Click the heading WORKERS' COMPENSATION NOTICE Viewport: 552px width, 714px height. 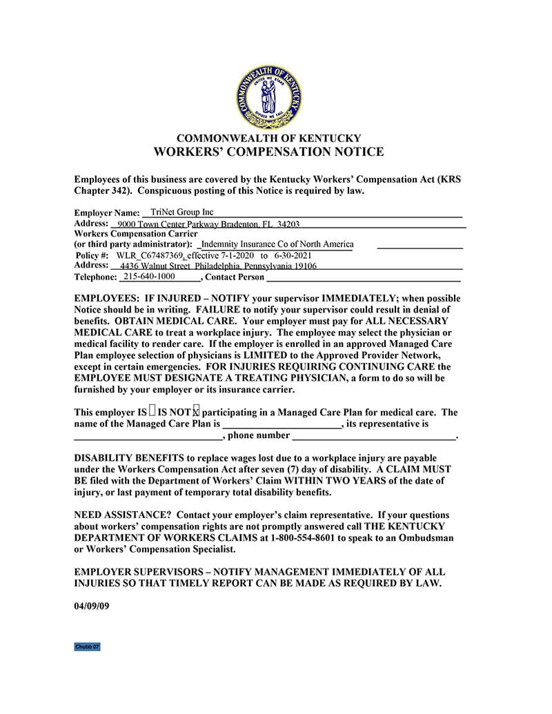(x=268, y=152)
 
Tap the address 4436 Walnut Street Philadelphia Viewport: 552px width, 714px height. (x=218, y=266)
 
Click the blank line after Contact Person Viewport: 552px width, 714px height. (x=363, y=279)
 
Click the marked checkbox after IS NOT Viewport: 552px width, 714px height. (x=196, y=412)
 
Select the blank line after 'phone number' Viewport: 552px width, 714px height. (x=373, y=437)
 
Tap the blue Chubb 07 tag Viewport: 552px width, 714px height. (x=88, y=647)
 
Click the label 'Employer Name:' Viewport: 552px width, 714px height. (x=106, y=214)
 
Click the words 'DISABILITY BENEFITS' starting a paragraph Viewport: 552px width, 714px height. (x=127, y=458)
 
